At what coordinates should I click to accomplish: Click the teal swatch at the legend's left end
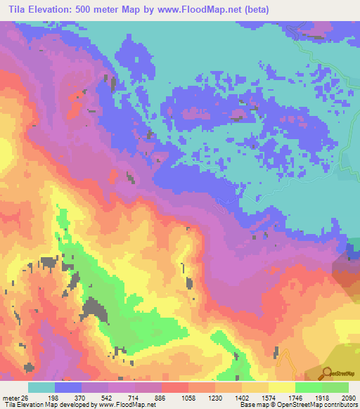(41, 387)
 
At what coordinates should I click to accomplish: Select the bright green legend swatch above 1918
(308, 387)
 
